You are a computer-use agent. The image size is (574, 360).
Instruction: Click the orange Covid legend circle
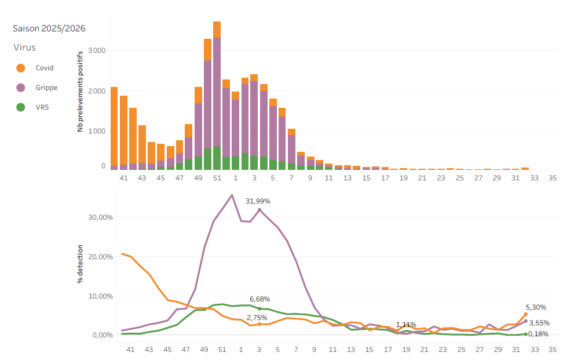(21, 68)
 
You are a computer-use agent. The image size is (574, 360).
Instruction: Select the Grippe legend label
(46, 88)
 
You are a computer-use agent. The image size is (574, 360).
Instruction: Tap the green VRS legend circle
(21, 107)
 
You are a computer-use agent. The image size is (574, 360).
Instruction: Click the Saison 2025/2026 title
(49, 28)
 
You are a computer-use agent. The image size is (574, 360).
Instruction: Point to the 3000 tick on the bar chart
(97, 50)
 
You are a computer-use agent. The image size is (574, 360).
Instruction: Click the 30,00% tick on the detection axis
(101, 217)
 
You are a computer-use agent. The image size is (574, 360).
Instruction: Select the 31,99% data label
(258, 201)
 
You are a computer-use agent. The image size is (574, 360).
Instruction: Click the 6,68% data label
(260, 299)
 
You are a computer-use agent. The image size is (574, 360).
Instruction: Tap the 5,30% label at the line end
(536, 307)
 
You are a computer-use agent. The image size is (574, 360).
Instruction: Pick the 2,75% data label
(257, 318)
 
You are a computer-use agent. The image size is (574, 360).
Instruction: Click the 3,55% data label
(539, 323)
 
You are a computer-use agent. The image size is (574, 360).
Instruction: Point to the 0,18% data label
(538, 334)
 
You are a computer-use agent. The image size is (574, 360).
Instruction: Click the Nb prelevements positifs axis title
(80, 92)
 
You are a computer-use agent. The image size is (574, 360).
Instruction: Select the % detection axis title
(80, 264)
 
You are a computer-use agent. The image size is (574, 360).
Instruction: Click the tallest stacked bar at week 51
(217, 96)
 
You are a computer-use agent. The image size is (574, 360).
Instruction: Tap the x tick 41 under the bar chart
(124, 178)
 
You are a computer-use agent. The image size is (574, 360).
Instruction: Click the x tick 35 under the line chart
(553, 350)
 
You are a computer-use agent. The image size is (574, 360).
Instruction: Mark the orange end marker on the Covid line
(526, 314)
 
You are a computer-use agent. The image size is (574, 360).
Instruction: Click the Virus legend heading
(24, 47)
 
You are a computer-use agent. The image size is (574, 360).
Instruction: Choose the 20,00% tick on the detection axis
(101, 257)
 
